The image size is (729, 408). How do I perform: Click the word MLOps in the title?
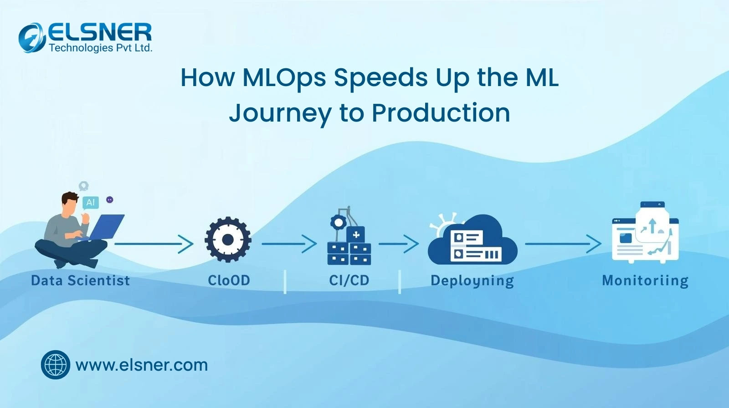[x=284, y=78]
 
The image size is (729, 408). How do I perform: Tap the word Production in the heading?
[x=441, y=113]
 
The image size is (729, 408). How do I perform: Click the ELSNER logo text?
[x=100, y=32]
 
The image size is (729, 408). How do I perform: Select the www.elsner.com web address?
[x=142, y=365]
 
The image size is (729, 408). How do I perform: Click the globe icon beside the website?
[x=55, y=365]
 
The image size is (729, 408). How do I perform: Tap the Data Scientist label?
[x=80, y=280]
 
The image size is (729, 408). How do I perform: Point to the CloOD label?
[x=229, y=280]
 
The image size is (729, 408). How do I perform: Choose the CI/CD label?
[x=349, y=280]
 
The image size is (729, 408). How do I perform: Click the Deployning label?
[x=472, y=281]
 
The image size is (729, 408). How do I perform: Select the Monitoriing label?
[x=645, y=281]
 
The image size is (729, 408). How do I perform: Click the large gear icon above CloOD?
[x=228, y=240]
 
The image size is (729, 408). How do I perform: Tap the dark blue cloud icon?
[x=472, y=240]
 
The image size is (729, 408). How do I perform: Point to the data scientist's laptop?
[x=104, y=228]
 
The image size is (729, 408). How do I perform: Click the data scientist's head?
[x=70, y=202]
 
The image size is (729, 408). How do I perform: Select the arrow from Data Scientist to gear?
[x=154, y=244]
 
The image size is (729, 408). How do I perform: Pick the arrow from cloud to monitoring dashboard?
[x=563, y=244]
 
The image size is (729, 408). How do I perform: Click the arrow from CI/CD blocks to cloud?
[x=399, y=244]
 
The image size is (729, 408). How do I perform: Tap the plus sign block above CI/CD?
[x=356, y=235]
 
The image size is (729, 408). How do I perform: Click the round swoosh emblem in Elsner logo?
[x=31, y=38]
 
